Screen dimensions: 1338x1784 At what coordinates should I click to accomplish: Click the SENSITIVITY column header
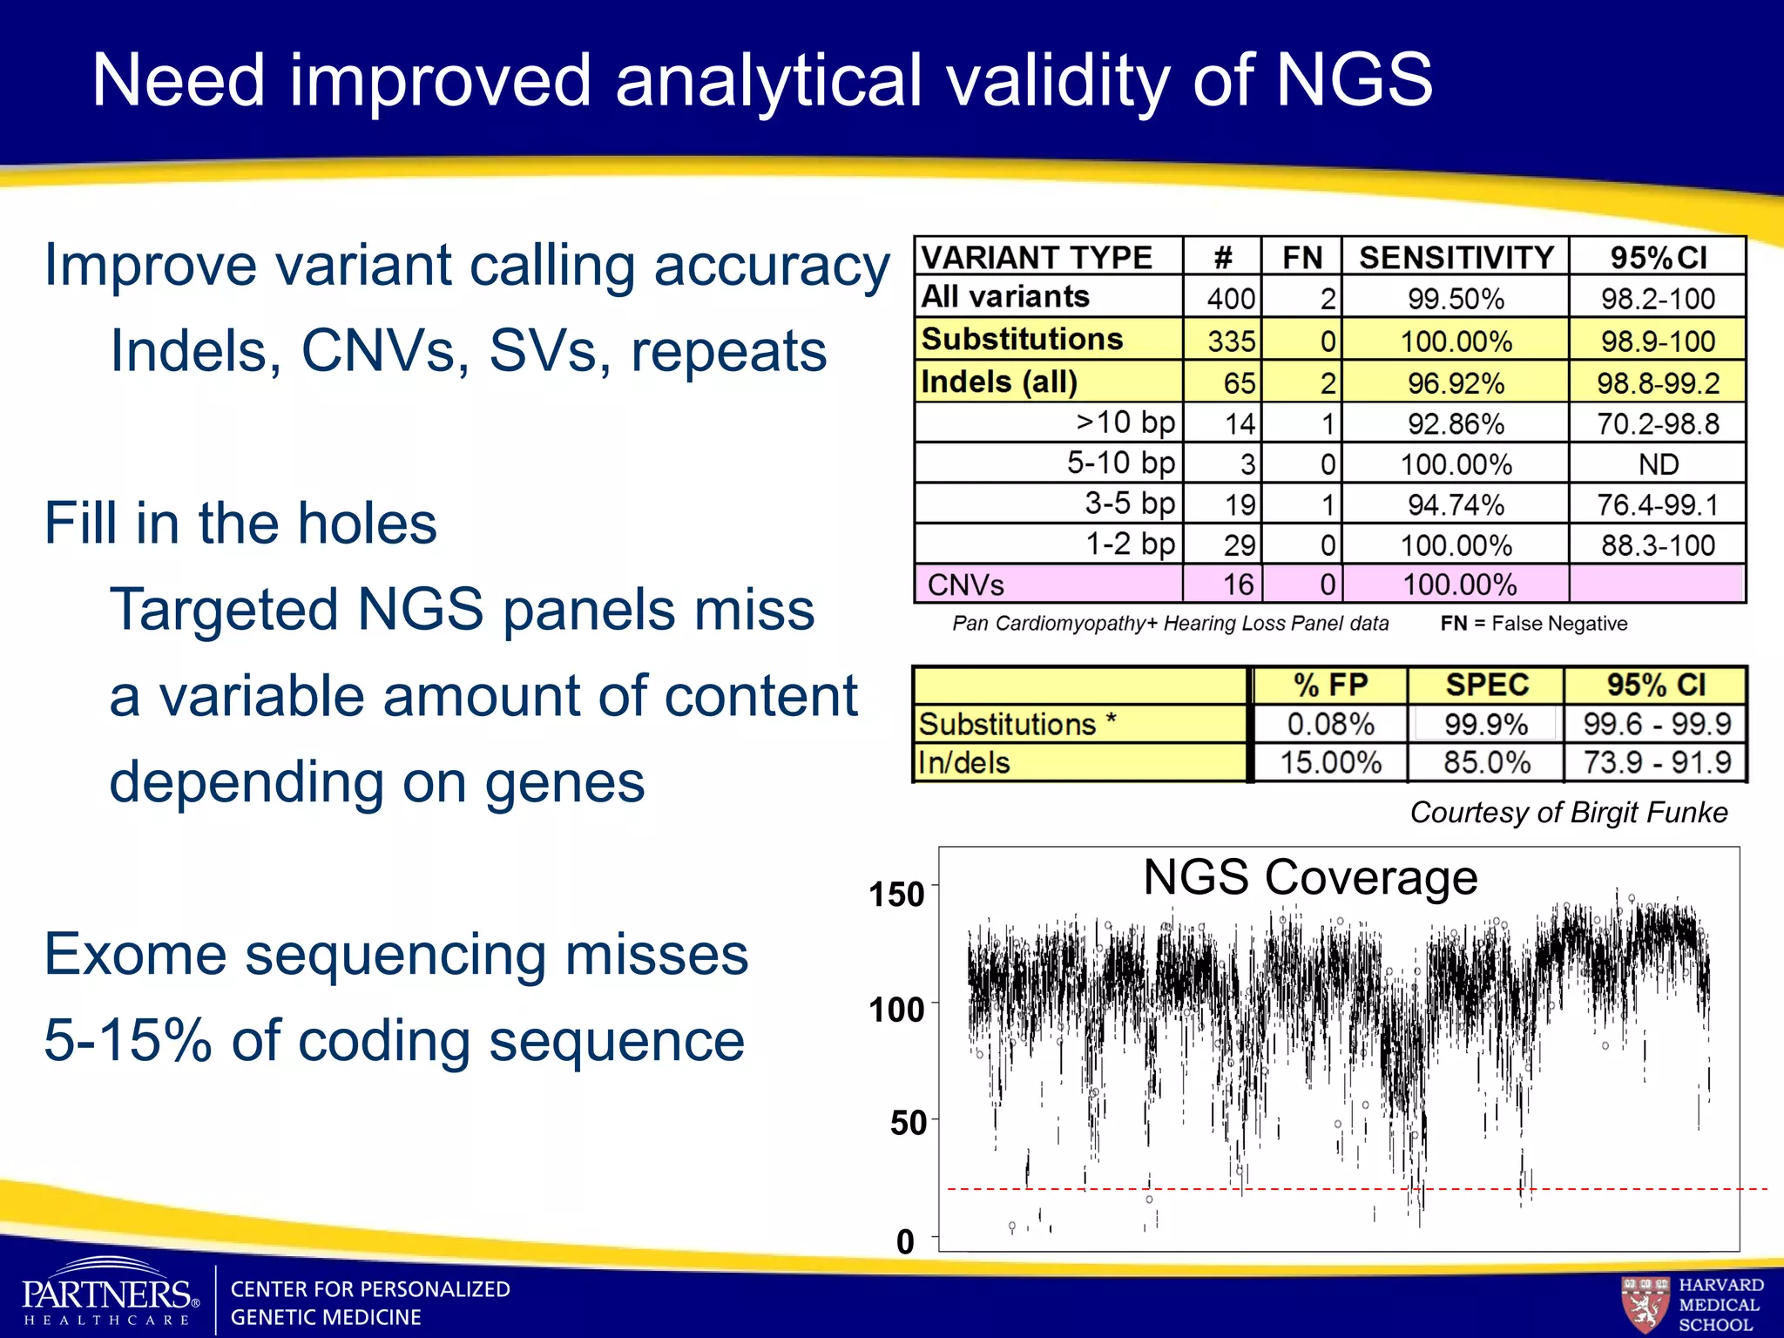tap(1456, 258)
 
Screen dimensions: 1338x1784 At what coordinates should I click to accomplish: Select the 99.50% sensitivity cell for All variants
tap(1456, 299)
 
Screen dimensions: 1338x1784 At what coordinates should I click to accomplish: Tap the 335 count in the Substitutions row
tap(1230, 341)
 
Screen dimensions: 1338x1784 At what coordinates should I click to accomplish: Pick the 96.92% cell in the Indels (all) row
tap(1456, 382)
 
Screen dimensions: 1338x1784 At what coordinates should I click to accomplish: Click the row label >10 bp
tap(1125, 422)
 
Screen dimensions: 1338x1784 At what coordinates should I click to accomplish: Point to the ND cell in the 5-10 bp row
tap(1658, 464)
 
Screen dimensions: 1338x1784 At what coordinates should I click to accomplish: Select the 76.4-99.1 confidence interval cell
tap(1658, 504)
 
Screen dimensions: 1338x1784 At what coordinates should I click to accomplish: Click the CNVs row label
tap(965, 585)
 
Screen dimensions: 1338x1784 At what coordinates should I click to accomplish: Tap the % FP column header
tap(1330, 686)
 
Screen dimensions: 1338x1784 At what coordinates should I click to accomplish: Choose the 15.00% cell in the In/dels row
tap(1330, 762)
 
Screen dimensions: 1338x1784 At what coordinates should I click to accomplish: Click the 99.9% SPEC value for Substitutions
tap(1486, 724)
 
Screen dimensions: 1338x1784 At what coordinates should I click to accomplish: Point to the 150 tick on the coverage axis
tap(896, 895)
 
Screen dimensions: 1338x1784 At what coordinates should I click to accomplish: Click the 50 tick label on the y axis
tap(908, 1123)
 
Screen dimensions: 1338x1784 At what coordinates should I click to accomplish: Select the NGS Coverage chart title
tap(1309, 877)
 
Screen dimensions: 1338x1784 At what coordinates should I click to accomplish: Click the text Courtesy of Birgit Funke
tap(1568, 812)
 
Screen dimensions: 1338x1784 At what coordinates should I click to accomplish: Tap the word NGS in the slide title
tap(1354, 80)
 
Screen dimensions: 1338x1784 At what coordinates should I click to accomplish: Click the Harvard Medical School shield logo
tap(1645, 1304)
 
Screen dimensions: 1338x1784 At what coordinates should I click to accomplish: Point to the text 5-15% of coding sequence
tap(394, 1040)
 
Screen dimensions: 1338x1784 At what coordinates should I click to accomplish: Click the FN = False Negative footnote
tap(1533, 624)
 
